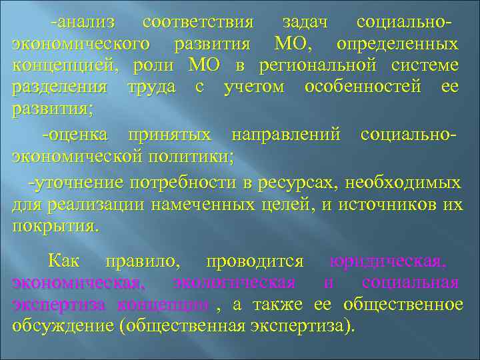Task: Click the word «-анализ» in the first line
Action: pos(83,22)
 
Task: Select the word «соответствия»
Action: pos(198,22)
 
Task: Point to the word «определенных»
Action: pos(397,44)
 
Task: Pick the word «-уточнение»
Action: pos(75,182)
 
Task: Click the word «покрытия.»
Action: pos(55,226)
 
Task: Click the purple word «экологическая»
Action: pos(234,283)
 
